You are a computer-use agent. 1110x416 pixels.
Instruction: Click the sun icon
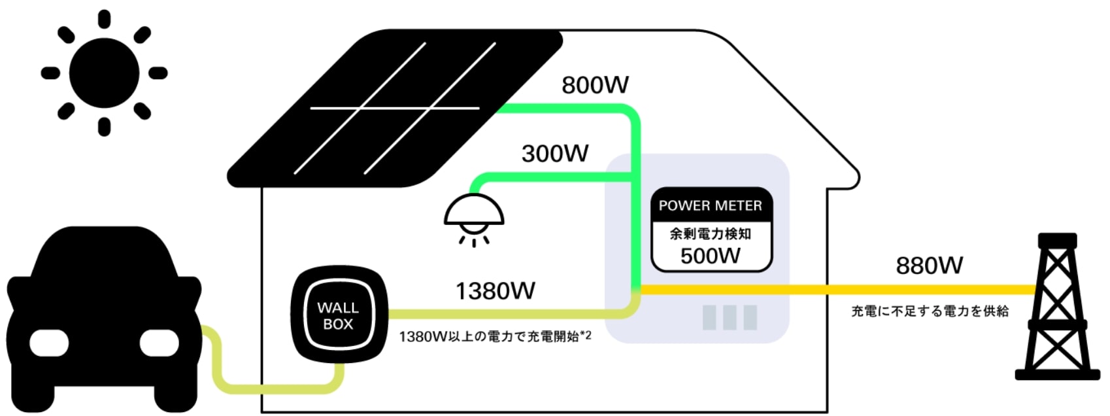click(104, 73)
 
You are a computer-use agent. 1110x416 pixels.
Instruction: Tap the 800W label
click(595, 85)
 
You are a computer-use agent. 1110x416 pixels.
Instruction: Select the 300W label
click(555, 153)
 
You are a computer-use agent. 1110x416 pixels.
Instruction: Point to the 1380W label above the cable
click(495, 290)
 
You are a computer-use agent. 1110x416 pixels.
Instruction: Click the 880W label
click(929, 266)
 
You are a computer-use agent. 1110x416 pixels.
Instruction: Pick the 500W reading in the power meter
click(711, 256)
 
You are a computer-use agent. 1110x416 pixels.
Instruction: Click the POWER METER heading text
click(710, 205)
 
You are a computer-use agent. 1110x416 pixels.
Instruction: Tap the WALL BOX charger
click(339, 315)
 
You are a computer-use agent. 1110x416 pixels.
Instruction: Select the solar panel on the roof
click(394, 109)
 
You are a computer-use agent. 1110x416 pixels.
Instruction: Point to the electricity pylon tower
click(1058, 306)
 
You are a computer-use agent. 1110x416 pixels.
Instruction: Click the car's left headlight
click(49, 343)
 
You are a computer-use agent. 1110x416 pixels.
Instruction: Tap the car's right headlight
click(159, 343)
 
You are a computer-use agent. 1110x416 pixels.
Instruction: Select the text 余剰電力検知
click(710, 234)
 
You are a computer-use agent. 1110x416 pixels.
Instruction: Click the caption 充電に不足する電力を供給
click(930, 311)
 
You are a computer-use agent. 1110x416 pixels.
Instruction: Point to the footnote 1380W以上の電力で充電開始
click(489, 337)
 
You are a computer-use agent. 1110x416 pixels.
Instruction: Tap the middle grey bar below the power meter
click(730, 317)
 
